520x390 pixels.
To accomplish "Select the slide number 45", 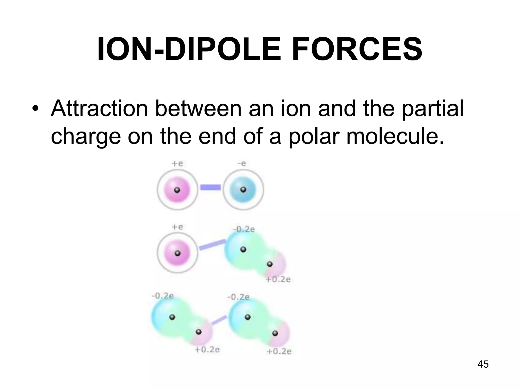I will [483, 364].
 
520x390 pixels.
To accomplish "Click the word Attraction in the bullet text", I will [99, 109].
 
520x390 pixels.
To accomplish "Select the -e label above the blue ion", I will [241, 164].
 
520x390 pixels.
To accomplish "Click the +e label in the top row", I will [177, 164].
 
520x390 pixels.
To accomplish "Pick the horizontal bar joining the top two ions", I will [210, 187].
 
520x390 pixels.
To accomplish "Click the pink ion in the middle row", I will [177, 253].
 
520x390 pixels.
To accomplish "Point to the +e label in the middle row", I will [177, 227].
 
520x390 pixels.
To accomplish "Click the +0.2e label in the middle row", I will [278, 280].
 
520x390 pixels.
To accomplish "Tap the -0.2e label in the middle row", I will [243, 230].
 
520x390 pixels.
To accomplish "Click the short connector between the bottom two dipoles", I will [219, 320].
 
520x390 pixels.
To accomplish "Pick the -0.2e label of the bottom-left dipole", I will [162, 296].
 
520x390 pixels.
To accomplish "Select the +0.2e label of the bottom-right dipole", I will [279, 352].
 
